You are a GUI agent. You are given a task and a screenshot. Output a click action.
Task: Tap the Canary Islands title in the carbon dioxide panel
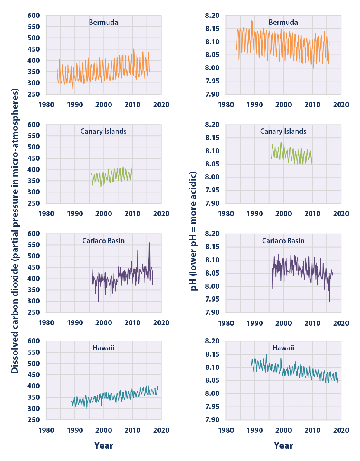coord(104,132)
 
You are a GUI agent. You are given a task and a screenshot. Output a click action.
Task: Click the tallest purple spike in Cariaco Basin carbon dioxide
coord(149,242)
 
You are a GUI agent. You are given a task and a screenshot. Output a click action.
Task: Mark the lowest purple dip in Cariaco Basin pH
coord(329,301)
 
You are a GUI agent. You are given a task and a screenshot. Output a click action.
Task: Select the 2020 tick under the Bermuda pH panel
coord(341,105)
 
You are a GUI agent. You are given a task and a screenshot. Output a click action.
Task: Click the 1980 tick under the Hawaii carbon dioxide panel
coord(46,430)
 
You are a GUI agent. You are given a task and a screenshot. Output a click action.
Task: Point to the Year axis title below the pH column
coord(284,445)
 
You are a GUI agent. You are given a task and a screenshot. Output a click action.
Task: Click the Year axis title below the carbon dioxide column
coord(104,445)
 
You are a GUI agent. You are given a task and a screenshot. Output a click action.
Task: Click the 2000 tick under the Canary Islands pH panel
coord(284,214)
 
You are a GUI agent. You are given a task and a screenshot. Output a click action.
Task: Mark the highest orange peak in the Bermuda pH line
coord(252,21)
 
